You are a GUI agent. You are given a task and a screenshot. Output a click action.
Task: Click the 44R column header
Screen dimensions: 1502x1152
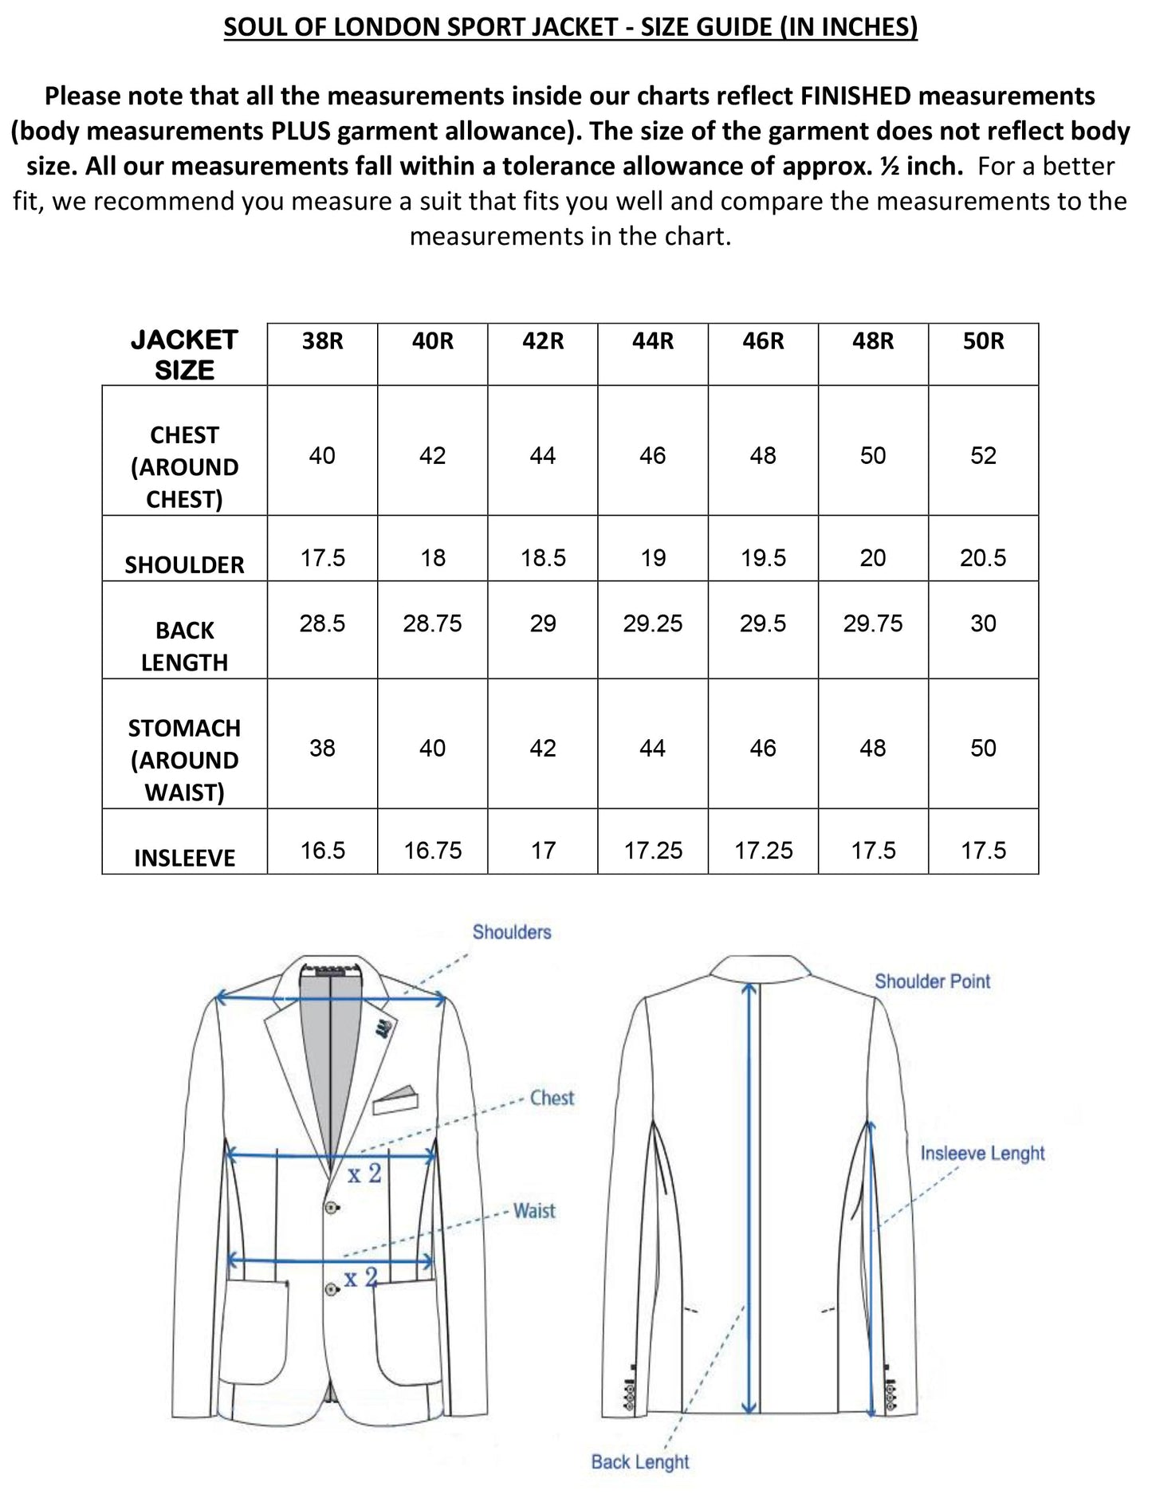coord(653,341)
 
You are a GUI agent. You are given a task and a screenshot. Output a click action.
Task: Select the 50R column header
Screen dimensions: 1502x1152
coord(983,341)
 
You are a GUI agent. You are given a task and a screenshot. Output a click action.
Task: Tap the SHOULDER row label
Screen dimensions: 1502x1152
coord(184,564)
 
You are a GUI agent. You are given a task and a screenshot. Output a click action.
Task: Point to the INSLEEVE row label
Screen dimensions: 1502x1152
coord(184,858)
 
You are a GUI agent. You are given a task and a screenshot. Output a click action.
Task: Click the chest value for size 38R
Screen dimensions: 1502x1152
coord(322,455)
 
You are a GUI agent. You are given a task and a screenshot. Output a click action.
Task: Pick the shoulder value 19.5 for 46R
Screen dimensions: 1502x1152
coord(763,557)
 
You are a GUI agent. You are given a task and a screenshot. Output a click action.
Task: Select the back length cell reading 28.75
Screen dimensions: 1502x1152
coord(432,623)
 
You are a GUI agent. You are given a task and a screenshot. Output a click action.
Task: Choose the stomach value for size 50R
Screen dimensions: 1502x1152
coord(983,748)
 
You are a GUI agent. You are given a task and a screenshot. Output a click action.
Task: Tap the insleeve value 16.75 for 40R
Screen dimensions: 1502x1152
coord(432,850)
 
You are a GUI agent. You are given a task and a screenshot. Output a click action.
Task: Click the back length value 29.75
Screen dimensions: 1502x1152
coord(873,623)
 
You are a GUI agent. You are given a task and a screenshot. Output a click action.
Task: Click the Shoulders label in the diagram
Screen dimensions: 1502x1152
coord(512,932)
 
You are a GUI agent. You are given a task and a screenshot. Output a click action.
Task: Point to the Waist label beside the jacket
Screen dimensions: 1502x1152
coord(534,1211)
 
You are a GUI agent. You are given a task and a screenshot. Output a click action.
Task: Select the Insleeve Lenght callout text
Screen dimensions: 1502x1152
coord(982,1153)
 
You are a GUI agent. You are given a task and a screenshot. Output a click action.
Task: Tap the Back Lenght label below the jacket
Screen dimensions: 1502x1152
coord(640,1461)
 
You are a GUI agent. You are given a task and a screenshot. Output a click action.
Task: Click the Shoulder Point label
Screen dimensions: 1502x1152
coord(932,981)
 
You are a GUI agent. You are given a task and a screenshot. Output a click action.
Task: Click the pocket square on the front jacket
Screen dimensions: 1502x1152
coord(396,1099)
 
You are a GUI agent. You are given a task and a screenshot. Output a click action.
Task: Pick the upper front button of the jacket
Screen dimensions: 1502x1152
coord(332,1208)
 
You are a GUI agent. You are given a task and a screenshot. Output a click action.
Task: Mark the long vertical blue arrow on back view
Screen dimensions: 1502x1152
coord(749,1196)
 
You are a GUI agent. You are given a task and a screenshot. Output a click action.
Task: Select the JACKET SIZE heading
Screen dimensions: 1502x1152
coord(184,355)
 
